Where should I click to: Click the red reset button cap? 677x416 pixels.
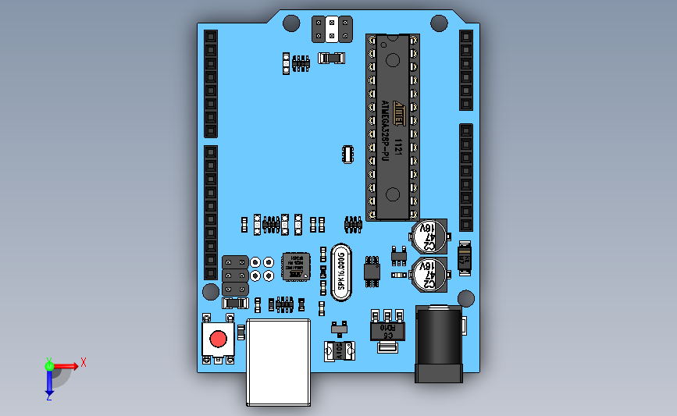pyautogui.click(x=218, y=340)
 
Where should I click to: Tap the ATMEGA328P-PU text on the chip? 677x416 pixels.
pyautogui.click(x=385, y=130)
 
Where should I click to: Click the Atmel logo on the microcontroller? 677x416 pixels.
pyautogui.click(x=397, y=107)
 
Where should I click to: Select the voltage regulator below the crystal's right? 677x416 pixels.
pyautogui.click(x=387, y=330)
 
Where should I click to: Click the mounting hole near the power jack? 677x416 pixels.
pyautogui.click(x=466, y=297)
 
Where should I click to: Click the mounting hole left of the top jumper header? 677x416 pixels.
pyautogui.click(x=290, y=23)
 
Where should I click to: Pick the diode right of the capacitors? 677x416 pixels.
pyautogui.click(x=465, y=256)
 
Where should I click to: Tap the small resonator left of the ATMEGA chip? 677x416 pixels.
pyautogui.click(x=347, y=154)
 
